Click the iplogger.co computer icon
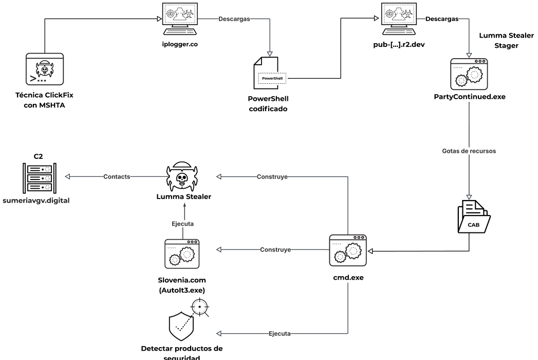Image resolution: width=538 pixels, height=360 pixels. [180, 19]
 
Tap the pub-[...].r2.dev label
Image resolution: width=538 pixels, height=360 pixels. [399, 45]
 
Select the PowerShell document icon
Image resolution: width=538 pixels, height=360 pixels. [270, 73]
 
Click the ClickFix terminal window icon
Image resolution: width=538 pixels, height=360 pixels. [45, 69]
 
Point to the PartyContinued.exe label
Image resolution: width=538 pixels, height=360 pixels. [469, 97]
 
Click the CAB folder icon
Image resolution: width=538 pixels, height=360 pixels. [474, 217]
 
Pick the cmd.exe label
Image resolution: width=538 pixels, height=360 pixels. [348, 278]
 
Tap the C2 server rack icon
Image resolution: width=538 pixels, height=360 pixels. [40, 178]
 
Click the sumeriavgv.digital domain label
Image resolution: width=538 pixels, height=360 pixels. [36, 201]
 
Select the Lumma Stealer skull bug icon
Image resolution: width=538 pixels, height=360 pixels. [182, 176]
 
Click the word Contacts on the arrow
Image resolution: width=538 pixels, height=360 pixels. [117, 176]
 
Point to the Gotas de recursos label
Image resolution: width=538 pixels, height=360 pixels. [469, 151]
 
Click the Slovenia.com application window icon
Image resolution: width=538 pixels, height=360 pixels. [182, 254]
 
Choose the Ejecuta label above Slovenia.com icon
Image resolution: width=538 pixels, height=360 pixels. [182, 224]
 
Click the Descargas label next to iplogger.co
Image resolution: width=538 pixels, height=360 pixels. [234, 19]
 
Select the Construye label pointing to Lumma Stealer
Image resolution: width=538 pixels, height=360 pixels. [272, 176]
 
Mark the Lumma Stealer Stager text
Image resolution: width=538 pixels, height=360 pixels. [507, 41]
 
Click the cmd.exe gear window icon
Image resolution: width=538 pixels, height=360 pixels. [348, 250]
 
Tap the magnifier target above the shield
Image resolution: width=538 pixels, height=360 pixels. [200, 307]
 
